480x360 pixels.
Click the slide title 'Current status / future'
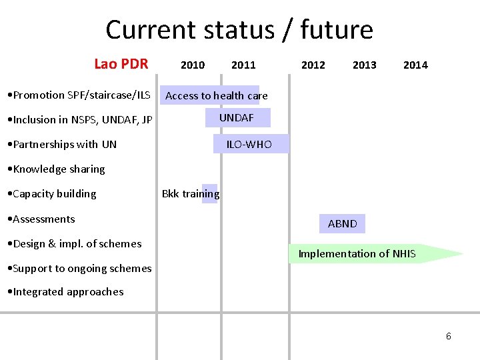[x=239, y=30]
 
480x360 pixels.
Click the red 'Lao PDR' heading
[x=121, y=64]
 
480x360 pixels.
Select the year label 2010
[x=193, y=65]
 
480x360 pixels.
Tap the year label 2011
[x=243, y=65]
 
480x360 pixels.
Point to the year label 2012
[x=313, y=65]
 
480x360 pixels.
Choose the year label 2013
[x=364, y=65]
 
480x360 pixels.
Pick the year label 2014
[x=415, y=65]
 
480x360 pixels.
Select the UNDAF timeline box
[x=237, y=118]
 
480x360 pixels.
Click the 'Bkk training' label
[x=191, y=194]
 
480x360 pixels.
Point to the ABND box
[x=342, y=224]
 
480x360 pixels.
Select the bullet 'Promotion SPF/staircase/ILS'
[x=78, y=95]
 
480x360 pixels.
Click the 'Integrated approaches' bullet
[x=64, y=292]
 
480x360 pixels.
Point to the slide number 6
[x=448, y=336]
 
